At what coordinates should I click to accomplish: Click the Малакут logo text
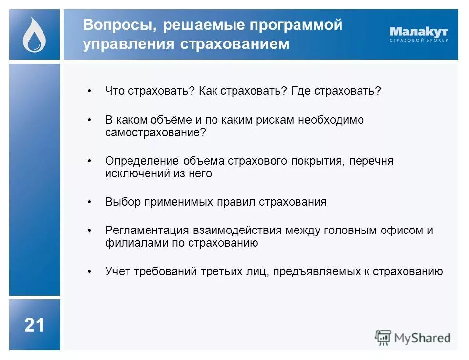pos(419,32)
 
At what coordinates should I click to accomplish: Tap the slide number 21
pos(34,325)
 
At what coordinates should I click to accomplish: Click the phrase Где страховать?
pos(336,91)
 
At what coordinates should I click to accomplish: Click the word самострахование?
pos(156,132)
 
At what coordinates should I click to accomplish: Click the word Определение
pos(142,161)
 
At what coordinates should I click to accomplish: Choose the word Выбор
pos(122,202)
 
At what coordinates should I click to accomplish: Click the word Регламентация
pos(147,230)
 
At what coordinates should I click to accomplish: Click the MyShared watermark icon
pos(383,337)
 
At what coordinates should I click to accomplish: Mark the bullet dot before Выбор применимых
pos(89,202)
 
